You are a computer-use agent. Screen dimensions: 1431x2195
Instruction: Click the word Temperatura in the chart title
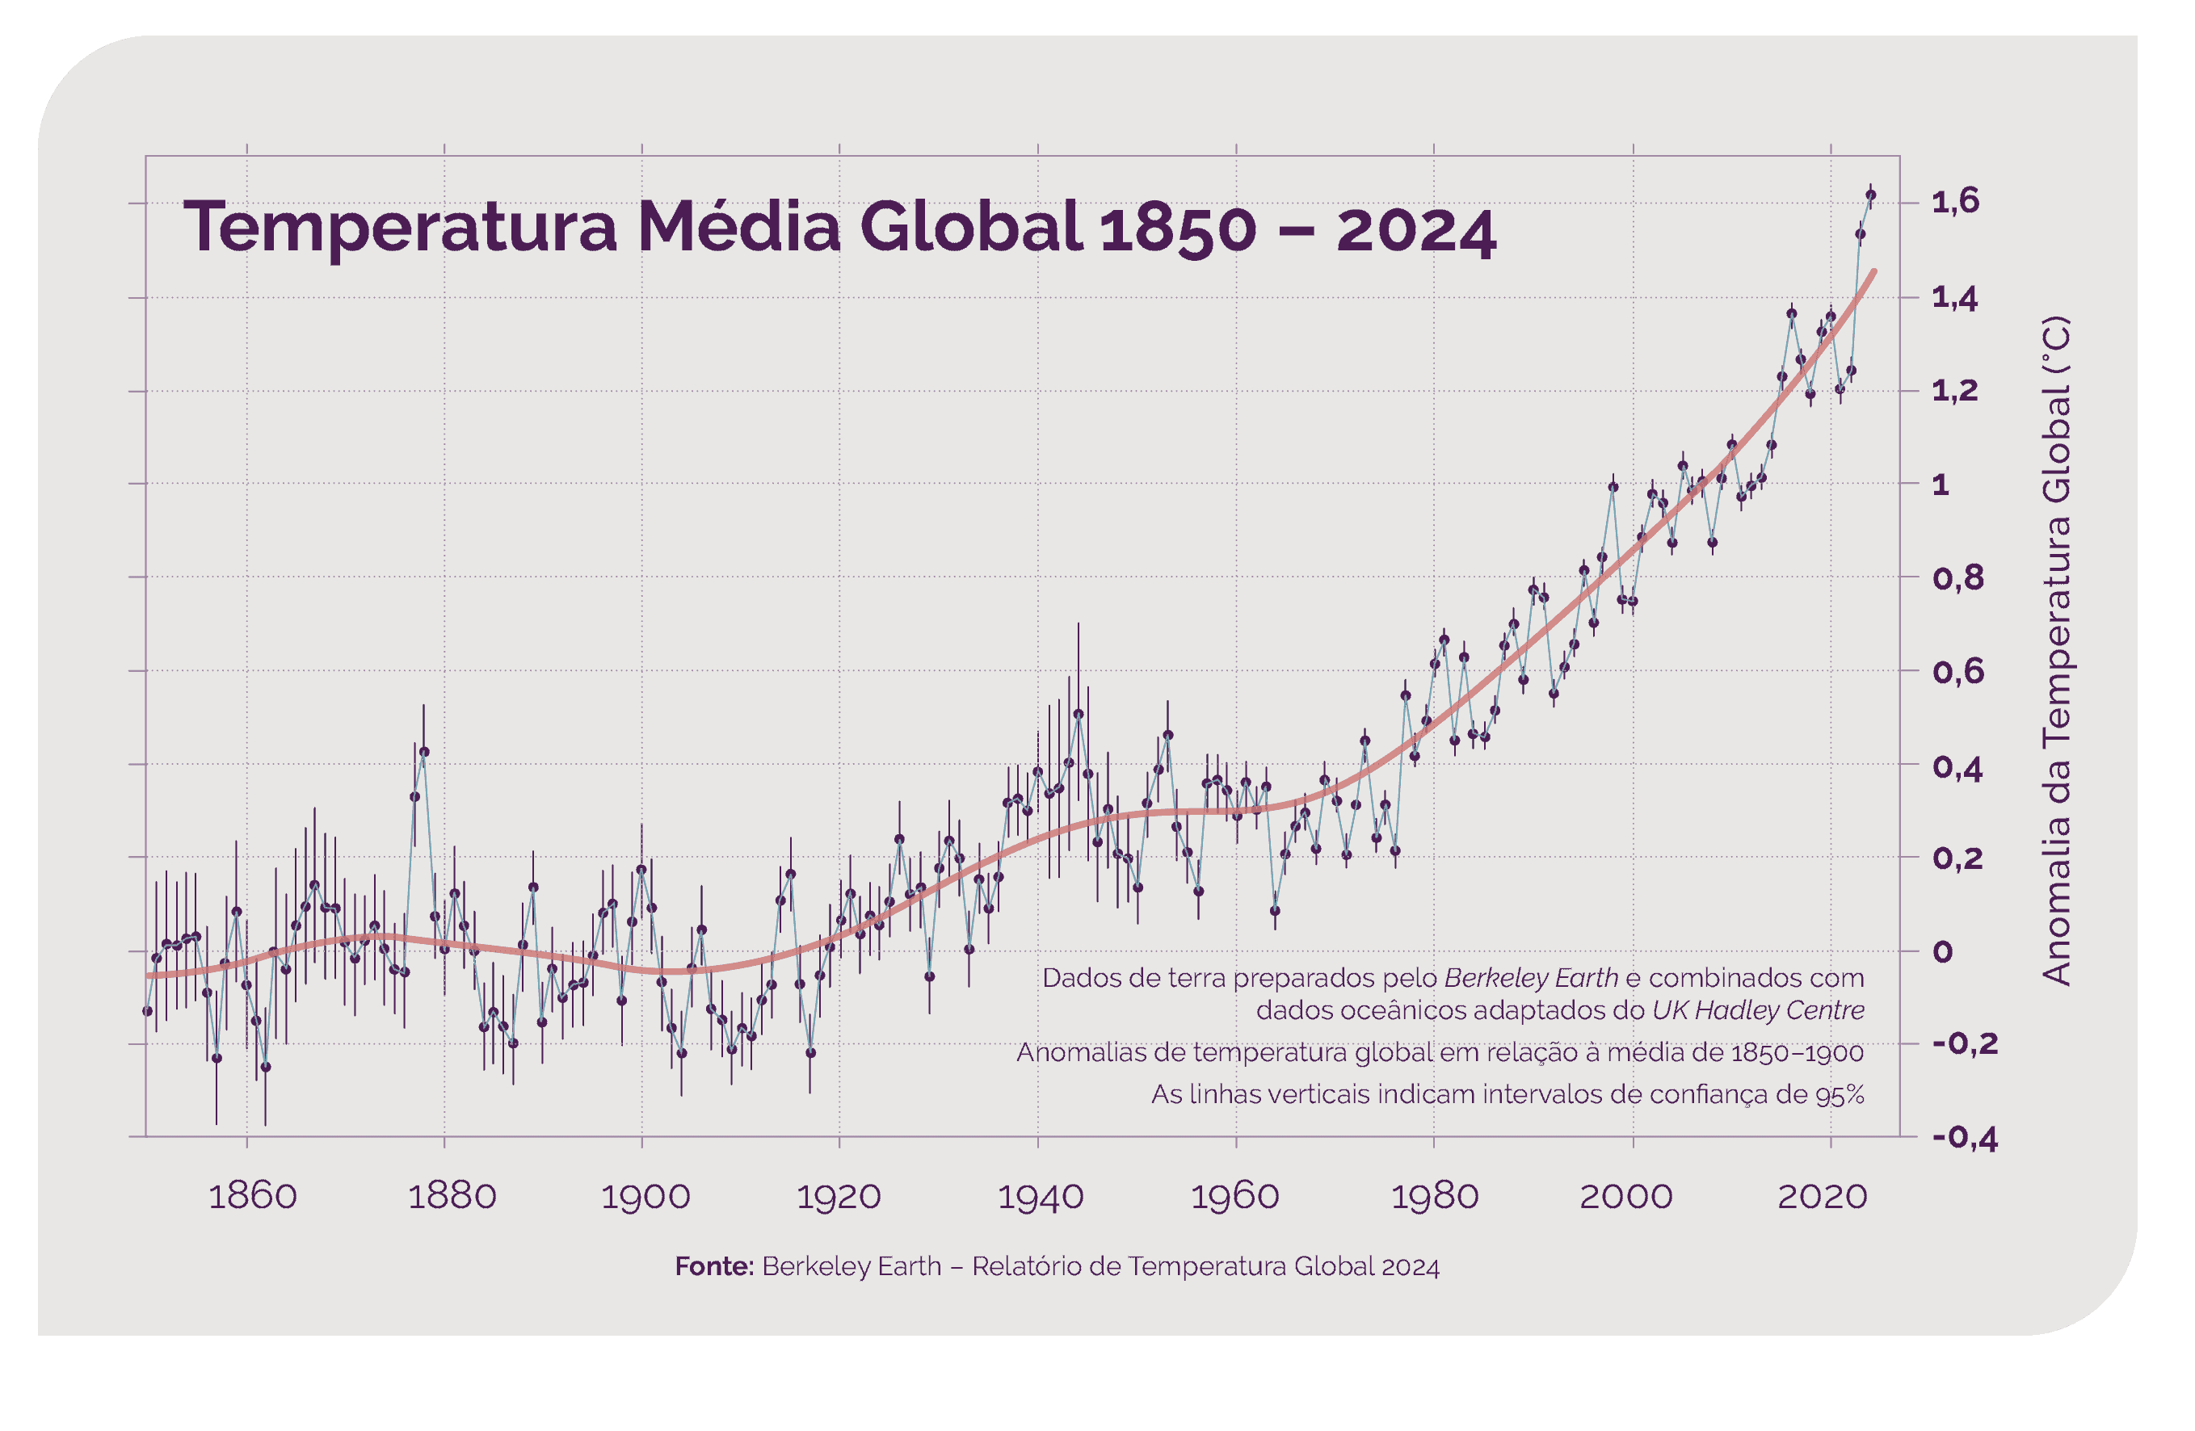(399, 228)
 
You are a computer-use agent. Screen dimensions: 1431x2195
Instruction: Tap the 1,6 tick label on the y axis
(1955, 202)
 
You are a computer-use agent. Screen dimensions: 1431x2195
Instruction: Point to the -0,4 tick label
(1966, 1138)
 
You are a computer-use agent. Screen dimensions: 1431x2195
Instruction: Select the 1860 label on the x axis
(253, 1197)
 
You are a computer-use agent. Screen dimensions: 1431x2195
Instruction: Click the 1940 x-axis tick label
(1041, 1197)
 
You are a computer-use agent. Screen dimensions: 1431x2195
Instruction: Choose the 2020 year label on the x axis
(1823, 1197)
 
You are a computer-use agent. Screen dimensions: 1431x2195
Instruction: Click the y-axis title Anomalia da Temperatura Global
(2057, 651)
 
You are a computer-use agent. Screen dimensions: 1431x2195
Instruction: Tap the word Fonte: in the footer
(714, 1267)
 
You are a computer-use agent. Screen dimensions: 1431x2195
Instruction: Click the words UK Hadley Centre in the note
(1758, 1010)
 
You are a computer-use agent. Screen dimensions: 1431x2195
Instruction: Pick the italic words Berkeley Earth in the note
(1531, 977)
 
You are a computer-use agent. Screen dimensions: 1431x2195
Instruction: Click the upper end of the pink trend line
(1874, 271)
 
